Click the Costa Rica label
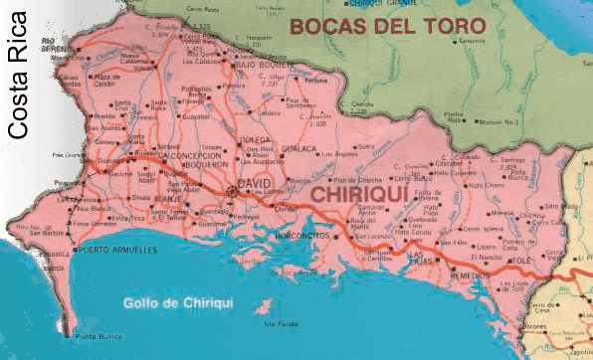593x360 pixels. click(18, 74)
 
